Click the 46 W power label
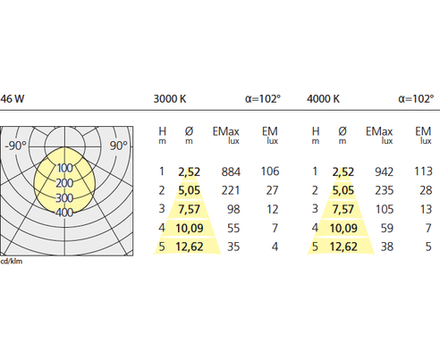13,99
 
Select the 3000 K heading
170,99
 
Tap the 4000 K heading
323,99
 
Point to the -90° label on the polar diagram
16,146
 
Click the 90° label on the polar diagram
118,146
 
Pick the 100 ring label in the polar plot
64,168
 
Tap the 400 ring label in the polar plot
64,213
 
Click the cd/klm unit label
12,262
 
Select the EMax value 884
231,172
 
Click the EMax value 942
384,172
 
